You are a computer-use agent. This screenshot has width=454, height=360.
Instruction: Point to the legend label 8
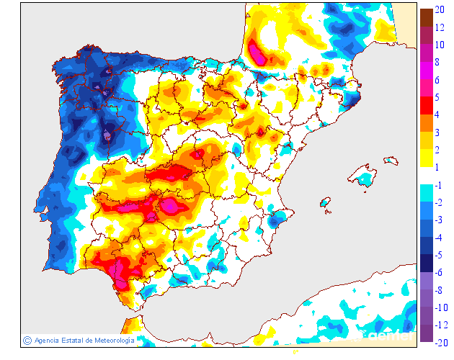(x=437, y=63)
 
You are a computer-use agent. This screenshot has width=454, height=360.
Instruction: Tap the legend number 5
(x=437, y=96)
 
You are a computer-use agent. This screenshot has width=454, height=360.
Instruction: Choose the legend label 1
(x=437, y=167)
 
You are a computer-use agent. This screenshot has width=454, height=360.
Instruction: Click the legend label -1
(x=438, y=184)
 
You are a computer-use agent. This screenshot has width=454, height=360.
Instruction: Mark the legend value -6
(x=438, y=272)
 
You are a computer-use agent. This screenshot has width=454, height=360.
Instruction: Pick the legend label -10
(x=440, y=307)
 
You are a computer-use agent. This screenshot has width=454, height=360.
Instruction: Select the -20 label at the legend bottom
(x=440, y=341)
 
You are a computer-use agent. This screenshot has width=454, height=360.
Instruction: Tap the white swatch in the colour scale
(x=427, y=176)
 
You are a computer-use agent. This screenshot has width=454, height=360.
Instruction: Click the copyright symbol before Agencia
(x=27, y=340)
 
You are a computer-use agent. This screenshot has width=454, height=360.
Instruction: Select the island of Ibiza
(x=325, y=203)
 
